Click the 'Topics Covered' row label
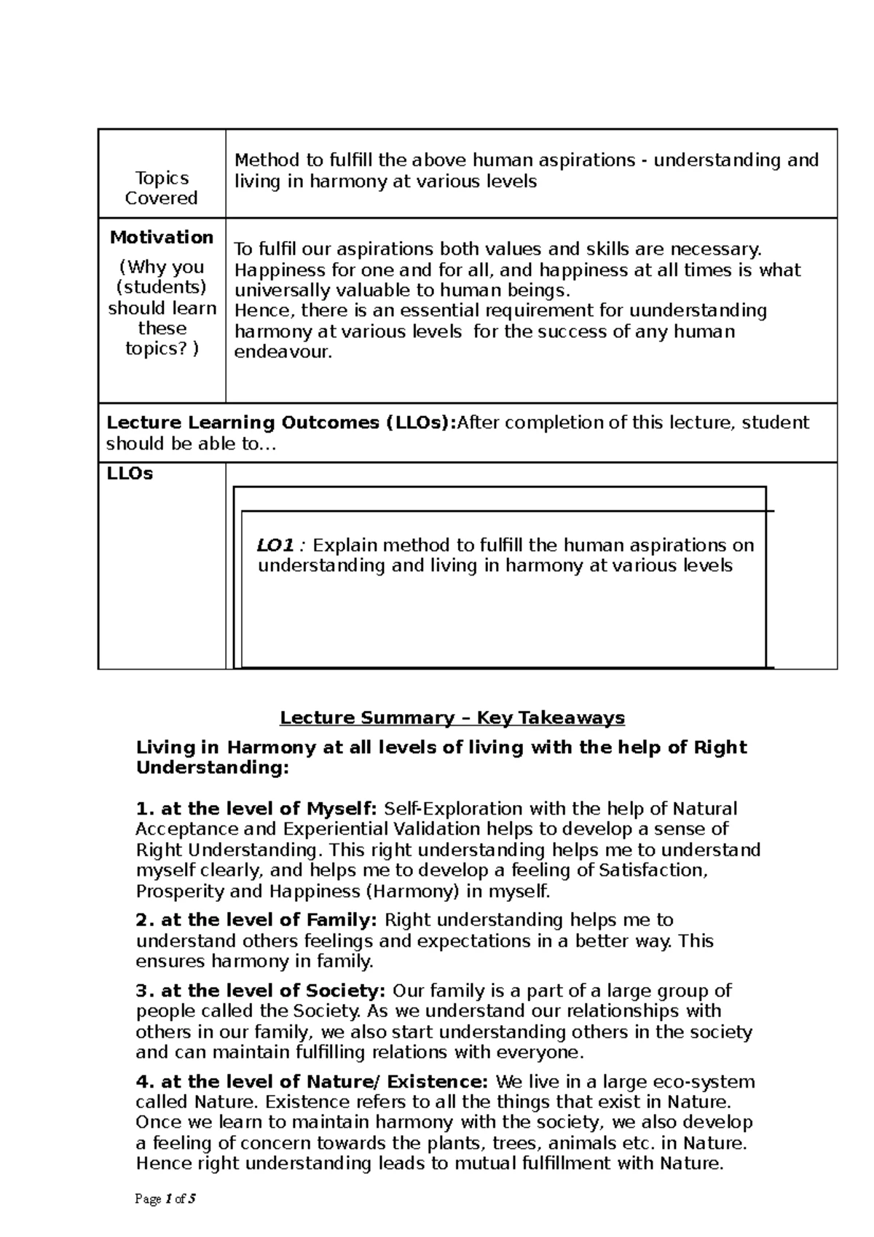161,188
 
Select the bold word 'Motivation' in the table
162,237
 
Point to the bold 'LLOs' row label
130,474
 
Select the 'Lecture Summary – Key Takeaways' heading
452,718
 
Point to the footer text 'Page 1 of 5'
166,1199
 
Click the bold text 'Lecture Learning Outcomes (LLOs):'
280,423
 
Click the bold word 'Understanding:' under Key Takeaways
213,768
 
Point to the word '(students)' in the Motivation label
162,287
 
